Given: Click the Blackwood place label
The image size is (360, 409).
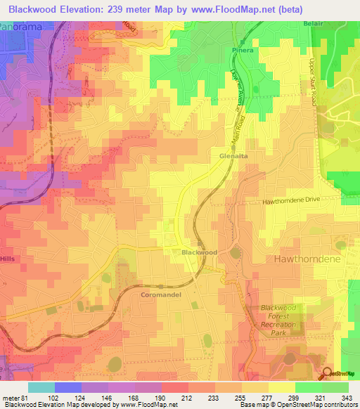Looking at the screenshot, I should [x=199, y=252].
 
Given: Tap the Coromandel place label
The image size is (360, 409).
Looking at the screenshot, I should [x=161, y=295].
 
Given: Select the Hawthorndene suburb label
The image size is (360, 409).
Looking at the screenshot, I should [x=306, y=259].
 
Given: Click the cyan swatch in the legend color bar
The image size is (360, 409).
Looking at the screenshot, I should [x=41, y=387].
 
